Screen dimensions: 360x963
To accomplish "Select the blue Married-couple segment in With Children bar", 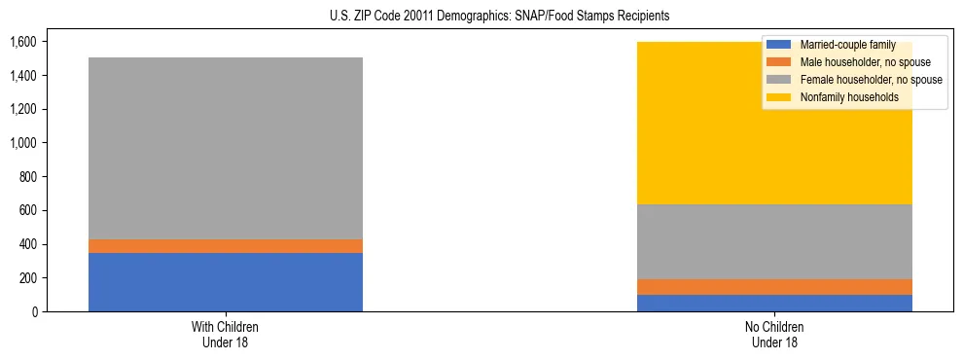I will click(x=226, y=282).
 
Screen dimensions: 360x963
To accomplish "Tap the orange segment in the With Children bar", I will click(x=226, y=246).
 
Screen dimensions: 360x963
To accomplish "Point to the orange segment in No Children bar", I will click(x=774, y=287).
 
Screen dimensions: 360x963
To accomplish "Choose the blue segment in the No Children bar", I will click(x=774, y=303).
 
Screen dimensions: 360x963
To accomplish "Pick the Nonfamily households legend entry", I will click(x=842, y=97).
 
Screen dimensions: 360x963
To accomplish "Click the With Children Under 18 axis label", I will click(x=226, y=335).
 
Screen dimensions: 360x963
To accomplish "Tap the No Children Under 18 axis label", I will click(x=774, y=335).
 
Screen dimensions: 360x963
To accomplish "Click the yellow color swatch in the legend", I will click(x=779, y=97).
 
